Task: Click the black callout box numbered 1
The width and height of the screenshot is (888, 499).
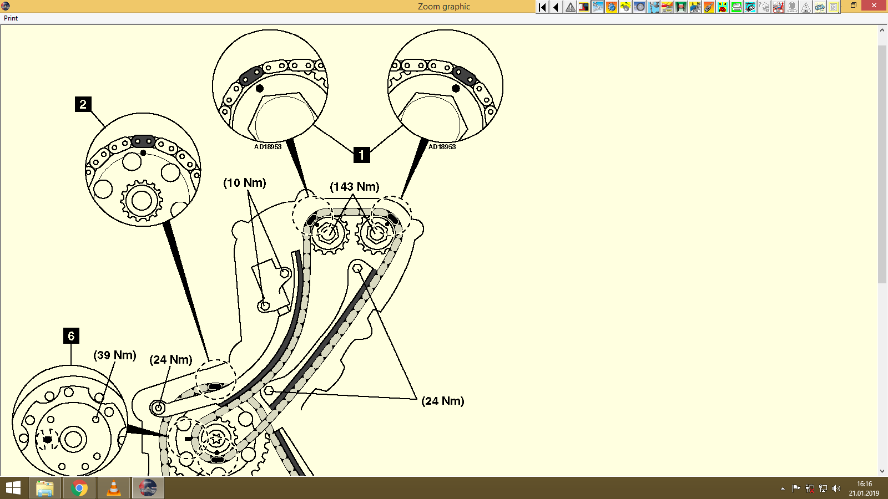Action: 361,155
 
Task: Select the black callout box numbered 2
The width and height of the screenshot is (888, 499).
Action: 83,104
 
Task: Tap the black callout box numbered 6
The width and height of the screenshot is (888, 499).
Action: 71,335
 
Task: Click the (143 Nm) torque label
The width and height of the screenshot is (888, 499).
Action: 355,187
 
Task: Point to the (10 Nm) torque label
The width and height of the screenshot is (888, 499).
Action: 245,183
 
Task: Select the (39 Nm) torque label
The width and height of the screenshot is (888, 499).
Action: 115,355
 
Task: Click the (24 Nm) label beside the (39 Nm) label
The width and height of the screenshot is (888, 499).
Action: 171,360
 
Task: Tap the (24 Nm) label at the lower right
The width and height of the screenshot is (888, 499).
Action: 443,401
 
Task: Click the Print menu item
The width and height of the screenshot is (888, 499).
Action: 11,18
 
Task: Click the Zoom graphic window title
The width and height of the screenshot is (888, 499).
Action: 444,7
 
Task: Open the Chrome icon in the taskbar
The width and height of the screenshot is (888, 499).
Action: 79,488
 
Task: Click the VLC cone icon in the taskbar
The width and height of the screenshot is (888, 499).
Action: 113,488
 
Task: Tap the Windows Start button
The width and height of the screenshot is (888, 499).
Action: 13,488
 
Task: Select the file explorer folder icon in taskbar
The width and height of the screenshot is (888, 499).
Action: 45,488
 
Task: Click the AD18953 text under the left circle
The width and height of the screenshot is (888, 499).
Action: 268,147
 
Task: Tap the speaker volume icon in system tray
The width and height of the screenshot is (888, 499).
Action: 836,488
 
